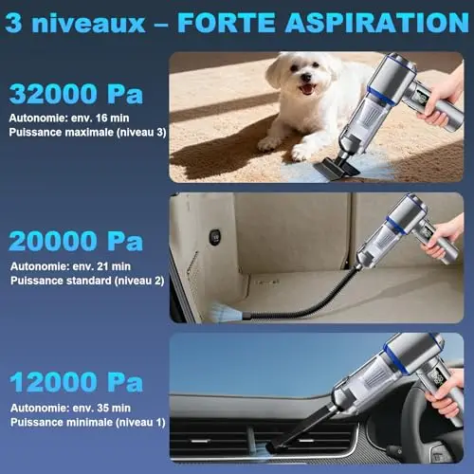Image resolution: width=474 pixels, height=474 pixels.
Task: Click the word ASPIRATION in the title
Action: pyautogui.click(x=377, y=23)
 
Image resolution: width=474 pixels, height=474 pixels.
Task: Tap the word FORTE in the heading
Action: pyautogui.click(x=227, y=23)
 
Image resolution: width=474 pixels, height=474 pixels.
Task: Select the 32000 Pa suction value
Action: pyautogui.click(x=76, y=94)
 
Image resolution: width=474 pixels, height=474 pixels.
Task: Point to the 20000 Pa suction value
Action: pyautogui.click(x=76, y=241)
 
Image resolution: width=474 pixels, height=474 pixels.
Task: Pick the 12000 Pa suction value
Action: pyautogui.click(x=76, y=382)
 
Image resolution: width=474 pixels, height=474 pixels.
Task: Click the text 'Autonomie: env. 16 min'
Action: pyautogui.click(x=69, y=118)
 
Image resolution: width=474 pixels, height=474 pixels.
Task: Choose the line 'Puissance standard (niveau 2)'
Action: pyautogui.click(x=87, y=281)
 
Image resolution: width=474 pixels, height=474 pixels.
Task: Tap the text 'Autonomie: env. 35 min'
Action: pyautogui.click(x=70, y=408)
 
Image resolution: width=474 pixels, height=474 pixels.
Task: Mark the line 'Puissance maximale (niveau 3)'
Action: pyautogui.click(x=87, y=132)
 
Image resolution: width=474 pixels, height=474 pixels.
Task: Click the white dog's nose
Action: pyautogui.click(x=306, y=77)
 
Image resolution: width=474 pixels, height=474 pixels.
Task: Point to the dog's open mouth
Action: pyautogui.click(x=307, y=89)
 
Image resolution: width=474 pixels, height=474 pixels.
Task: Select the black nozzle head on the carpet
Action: pyautogui.click(x=337, y=168)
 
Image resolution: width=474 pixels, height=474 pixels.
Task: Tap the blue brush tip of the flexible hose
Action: pyautogui.click(x=227, y=313)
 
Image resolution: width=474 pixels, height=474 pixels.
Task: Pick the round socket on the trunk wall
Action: pyautogui.click(x=215, y=236)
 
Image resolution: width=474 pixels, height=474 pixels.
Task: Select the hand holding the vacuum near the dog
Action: pyautogui.click(x=442, y=98)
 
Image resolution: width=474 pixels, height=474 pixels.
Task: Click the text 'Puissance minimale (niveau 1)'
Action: pyautogui.click(x=88, y=422)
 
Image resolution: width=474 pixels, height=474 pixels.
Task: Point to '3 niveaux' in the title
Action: pyautogui.click(x=75, y=23)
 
